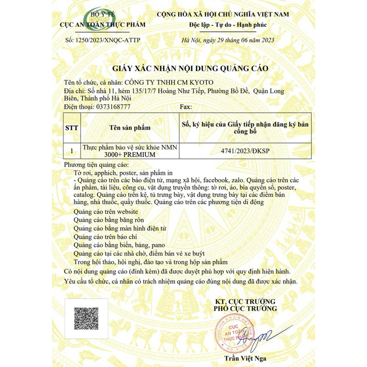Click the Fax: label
[x=186, y=106]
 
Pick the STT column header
[x=72, y=128]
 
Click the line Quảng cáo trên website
[x=106, y=211]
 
